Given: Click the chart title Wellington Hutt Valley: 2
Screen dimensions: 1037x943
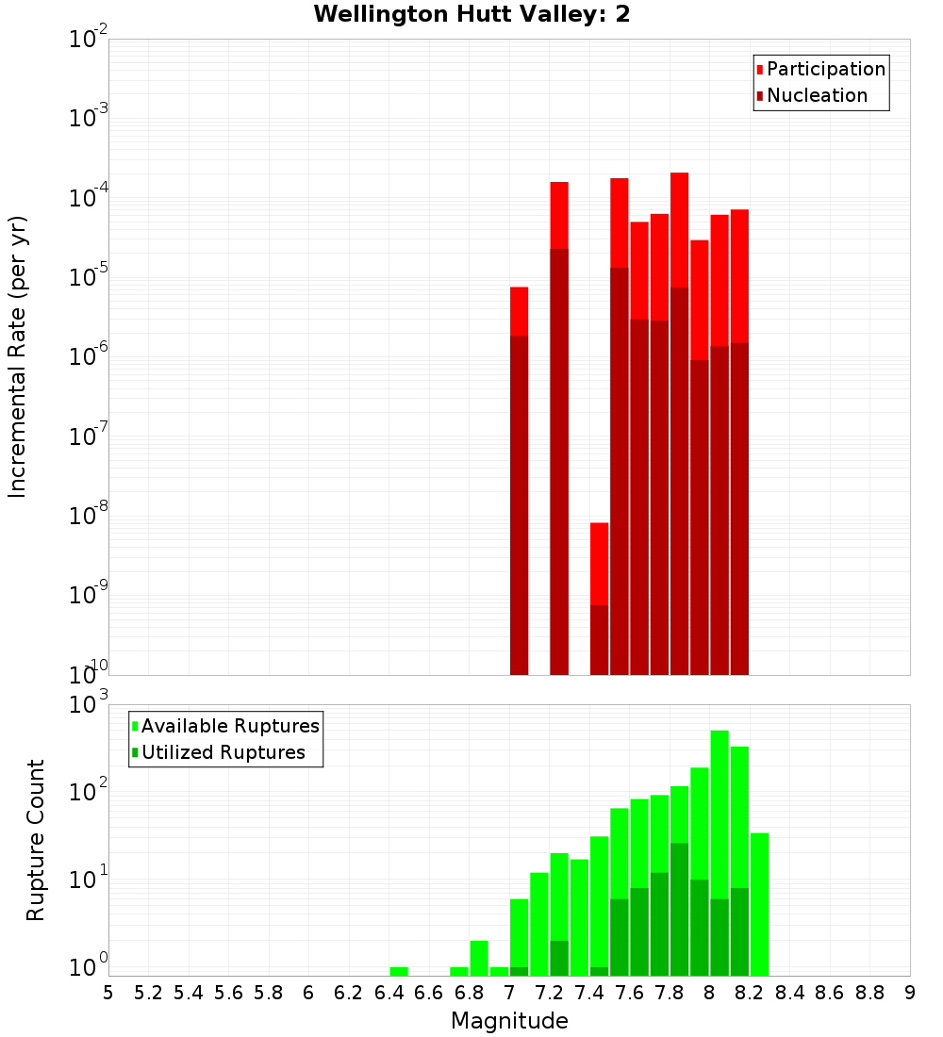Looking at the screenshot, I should tap(471, 14).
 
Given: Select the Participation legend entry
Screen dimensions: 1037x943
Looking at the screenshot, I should tap(825, 69).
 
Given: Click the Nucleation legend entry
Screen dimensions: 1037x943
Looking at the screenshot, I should tap(816, 95).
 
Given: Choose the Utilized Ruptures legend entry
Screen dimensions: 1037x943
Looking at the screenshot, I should tap(223, 752).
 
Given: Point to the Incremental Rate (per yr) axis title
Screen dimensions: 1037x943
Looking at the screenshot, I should tap(18, 356).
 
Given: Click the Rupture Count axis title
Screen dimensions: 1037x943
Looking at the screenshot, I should tap(36, 839).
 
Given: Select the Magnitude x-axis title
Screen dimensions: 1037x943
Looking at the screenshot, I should tap(509, 1021).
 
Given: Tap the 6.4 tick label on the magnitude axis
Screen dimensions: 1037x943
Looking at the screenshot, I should tap(389, 993).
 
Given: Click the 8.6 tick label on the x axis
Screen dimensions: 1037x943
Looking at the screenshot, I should tap(830, 993).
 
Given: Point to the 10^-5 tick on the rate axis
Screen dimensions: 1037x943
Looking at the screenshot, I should tap(88, 276).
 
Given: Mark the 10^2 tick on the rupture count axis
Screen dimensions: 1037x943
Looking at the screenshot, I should tap(88, 792).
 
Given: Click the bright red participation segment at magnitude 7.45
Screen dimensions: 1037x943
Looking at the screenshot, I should tap(599, 563).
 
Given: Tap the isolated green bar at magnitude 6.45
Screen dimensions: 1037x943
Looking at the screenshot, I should tap(399, 971).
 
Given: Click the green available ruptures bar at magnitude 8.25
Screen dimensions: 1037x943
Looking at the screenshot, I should tap(759, 903).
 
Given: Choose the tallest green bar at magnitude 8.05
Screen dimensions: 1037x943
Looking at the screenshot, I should tap(720, 811).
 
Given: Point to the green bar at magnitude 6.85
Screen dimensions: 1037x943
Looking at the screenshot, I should tap(479, 957).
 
